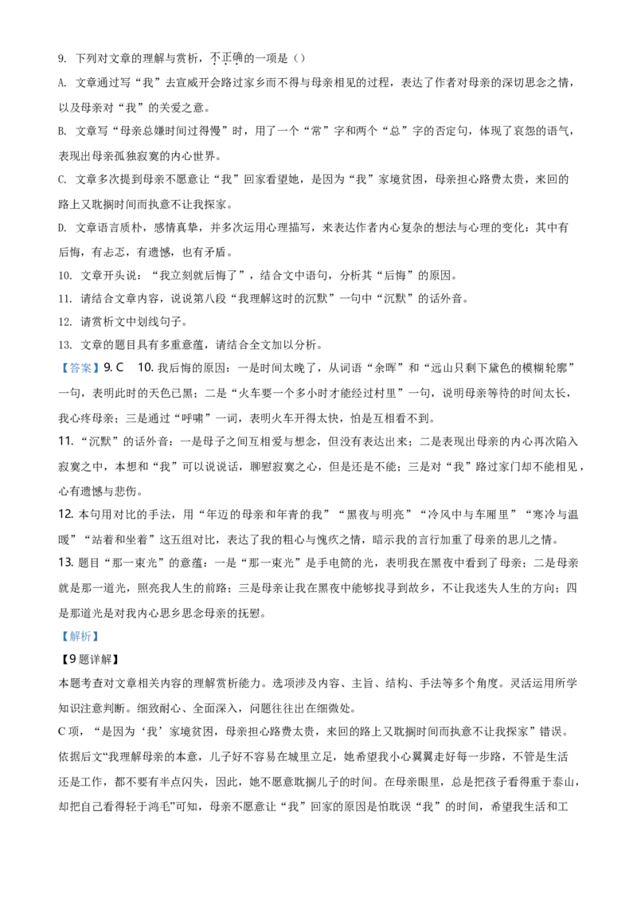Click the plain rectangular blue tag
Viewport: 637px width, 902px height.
[80, 367]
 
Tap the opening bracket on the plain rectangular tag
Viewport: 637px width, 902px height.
[64, 368]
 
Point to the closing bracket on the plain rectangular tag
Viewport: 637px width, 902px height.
[96, 368]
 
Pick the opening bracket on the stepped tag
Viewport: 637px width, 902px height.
[64, 637]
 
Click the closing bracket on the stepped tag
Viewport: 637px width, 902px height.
[96, 637]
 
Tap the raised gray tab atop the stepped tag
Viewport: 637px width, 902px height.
[83, 628]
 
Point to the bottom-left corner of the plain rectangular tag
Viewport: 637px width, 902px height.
[59, 375]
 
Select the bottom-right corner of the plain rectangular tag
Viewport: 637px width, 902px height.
[101, 375]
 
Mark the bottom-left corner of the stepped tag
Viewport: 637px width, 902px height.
[59, 643]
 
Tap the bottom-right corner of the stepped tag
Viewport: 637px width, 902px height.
[101, 643]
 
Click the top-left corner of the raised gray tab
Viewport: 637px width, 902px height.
[71, 626]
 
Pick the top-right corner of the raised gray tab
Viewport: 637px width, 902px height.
[96, 626]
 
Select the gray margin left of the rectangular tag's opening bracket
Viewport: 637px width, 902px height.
[61, 368]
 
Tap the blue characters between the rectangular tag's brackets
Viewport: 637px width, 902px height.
[80, 368]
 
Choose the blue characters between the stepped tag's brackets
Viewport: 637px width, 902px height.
[80, 637]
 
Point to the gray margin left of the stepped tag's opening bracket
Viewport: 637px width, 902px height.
[61, 637]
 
